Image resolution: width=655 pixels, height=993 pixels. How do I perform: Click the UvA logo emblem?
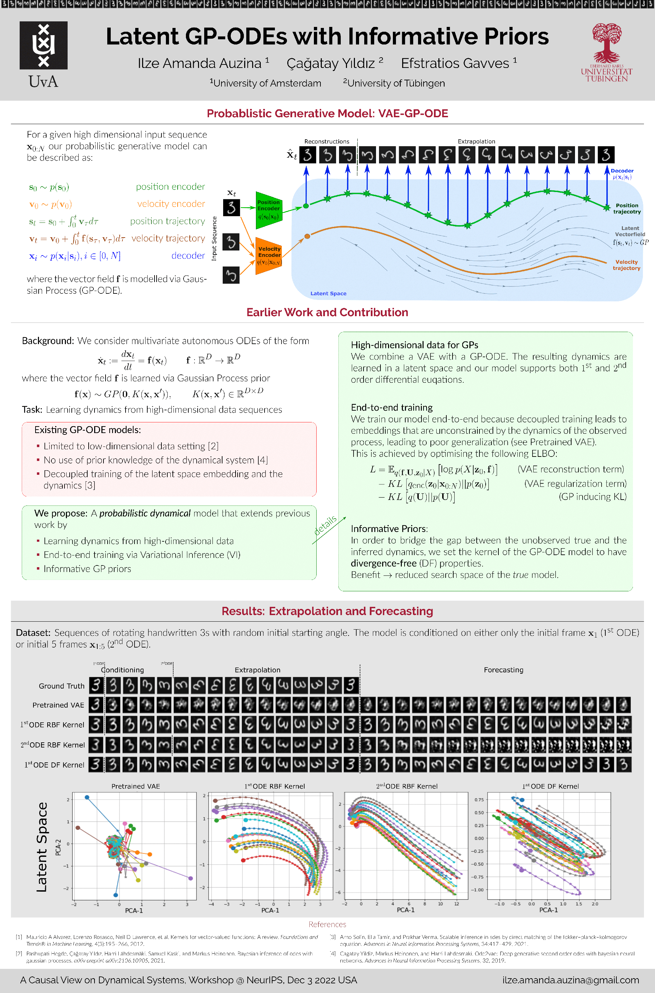pos(43,45)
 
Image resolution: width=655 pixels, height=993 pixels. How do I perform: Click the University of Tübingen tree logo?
pos(607,43)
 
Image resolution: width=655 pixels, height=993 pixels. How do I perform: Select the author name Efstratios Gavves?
pos(455,63)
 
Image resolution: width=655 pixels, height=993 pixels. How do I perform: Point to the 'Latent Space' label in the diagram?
pos(328,293)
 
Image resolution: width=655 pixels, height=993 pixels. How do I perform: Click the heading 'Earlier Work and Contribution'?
pos(327,312)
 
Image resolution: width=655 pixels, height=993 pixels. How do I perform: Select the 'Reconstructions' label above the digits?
pos(327,142)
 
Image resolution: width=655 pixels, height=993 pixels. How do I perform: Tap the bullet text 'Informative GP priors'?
pos(87,569)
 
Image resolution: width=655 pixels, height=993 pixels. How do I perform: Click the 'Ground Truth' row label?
pos(61,686)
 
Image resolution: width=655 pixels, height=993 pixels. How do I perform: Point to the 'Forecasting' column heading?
pos(503,670)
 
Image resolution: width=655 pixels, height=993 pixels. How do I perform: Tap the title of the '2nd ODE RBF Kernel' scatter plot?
pos(407,786)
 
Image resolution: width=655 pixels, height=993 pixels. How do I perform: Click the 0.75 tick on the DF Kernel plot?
pos(479,800)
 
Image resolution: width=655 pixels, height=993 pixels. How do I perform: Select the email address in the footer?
pos(570,980)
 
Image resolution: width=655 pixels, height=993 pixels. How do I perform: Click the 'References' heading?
pos(327,924)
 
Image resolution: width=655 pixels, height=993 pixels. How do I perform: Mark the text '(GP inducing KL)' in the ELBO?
pos(592,496)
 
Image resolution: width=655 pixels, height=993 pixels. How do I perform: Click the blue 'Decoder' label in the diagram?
pos(622,171)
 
